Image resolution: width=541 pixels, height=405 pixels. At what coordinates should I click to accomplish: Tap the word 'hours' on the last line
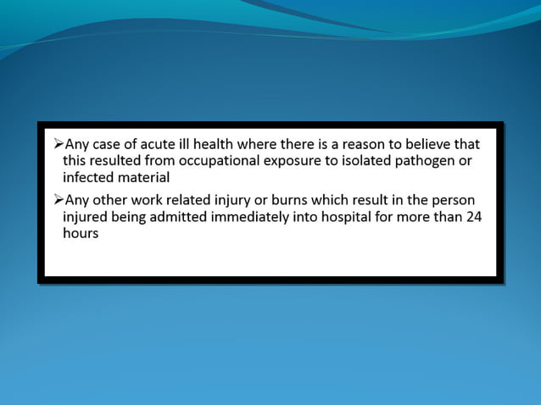[x=81, y=233]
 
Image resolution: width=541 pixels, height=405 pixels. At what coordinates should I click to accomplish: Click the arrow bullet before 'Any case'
[x=58, y=143]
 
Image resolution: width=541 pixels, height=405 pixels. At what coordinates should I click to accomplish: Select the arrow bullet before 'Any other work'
[x=58, y=199]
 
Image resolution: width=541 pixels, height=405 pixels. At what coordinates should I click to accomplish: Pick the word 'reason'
[x=358, y=143]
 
